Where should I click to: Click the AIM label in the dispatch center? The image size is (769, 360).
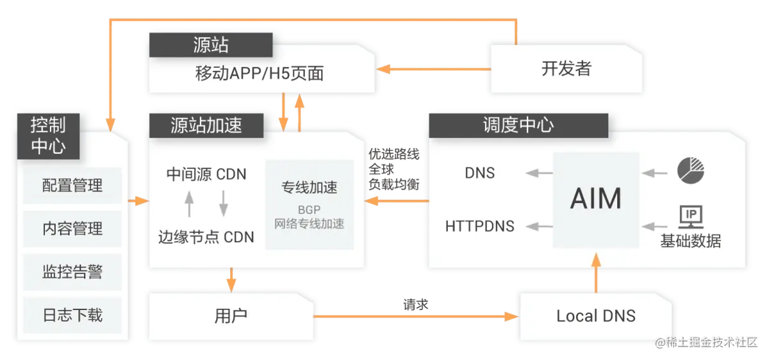click(596, 199)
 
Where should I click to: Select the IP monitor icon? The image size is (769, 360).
click(691, 217)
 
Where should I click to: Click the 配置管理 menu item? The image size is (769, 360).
click(72, 186)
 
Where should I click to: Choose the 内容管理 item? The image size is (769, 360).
click(72, 229)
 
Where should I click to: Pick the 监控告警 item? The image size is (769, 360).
click(72, 272)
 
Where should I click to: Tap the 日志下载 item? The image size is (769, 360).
click(72, 315)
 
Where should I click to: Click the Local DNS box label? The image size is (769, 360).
click(596, 316)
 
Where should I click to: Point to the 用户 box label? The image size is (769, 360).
click(231, 316)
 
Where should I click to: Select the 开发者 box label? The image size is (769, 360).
click(566, 69)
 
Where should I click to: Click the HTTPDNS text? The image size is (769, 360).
click(479, 226)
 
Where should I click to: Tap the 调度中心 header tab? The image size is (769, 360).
click(518, 125)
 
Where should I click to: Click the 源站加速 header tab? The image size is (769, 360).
click(206, 125)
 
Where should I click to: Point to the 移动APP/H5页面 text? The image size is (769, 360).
click(260, 74)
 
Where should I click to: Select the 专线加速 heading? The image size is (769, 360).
click(310, 188)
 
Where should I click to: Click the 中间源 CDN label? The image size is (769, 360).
click(206, 174)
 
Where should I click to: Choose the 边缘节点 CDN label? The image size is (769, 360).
click(206, 237)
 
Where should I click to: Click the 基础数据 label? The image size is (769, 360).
click(691, 241)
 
